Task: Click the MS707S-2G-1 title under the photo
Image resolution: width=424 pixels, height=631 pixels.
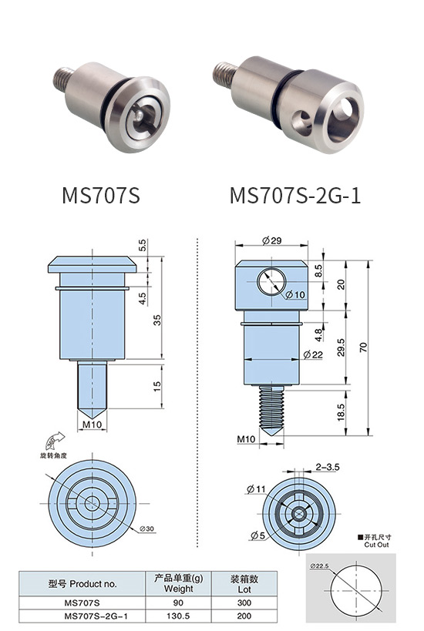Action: (295, 196)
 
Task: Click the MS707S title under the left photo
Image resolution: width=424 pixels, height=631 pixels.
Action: (101, 196)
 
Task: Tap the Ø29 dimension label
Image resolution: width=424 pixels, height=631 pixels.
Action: (272, 240)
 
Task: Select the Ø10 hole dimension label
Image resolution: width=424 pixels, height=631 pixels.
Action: (295, 295)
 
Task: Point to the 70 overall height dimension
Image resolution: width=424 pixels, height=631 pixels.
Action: (363, 347)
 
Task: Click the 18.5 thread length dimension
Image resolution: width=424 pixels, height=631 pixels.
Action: (341, 412)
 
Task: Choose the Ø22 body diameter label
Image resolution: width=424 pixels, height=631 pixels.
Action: (313, 354)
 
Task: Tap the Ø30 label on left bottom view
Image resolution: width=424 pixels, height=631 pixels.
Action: (147, 529)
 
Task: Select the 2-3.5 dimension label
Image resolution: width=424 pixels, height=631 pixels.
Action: (328, 467)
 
